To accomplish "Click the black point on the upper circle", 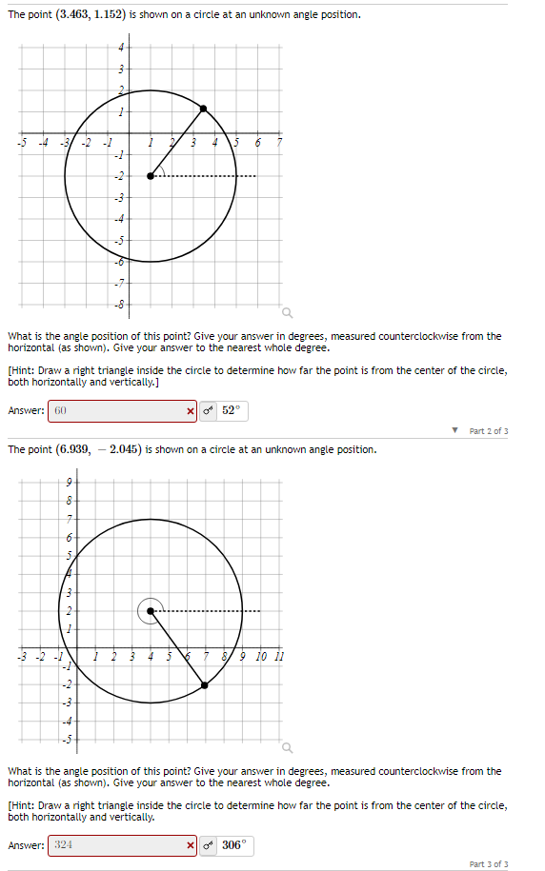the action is click(x=203, y=109).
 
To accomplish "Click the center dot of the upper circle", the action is click(x=151, y=176).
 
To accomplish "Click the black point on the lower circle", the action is click(x=205, y=684).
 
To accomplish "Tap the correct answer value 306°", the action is click(x=234, y=845).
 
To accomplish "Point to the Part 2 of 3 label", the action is click(x=488, y=431).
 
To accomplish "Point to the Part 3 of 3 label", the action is click(x=488, y=864).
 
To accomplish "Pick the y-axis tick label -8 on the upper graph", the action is click(x=120, y=305).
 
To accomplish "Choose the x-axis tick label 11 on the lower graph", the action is click(x=278, y=657).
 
